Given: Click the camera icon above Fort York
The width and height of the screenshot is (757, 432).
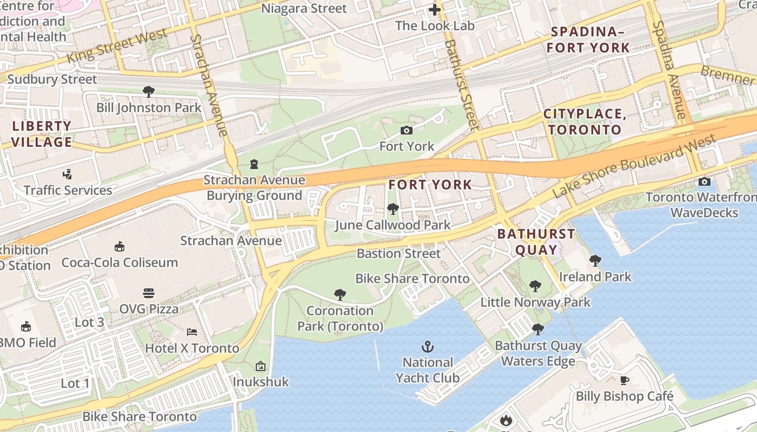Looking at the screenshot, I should (x=407, y=130).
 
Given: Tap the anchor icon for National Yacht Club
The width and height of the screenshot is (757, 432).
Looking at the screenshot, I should (x=428, y=346).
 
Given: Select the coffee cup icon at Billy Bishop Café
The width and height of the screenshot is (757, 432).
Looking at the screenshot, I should (x=625, y=380).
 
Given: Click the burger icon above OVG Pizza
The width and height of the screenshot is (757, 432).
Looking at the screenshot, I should (x=149, y=293).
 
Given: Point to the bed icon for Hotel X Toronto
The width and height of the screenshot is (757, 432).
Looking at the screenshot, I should (x=191, y=332).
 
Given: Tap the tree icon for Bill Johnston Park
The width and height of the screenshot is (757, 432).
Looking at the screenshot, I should (x=149, y=91).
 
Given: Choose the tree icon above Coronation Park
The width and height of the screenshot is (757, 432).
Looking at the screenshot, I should (x=340, y=294).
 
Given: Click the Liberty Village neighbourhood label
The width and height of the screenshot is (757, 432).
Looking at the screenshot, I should (x=42, y=134).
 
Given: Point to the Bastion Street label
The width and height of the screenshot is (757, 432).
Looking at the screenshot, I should (x=399, y=253).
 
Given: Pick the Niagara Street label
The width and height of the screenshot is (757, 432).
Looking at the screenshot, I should (x=304, y=9).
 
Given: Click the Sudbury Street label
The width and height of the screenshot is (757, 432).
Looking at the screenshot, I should (x=52, y=79).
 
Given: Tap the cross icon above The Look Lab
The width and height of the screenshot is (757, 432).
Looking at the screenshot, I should (x=435, y=10).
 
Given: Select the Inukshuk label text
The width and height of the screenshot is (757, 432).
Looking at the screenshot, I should (x=261, y=382).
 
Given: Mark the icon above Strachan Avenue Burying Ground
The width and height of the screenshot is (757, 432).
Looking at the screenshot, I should (x=254, y=164).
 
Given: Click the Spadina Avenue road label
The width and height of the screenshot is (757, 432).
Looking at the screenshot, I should (x=669, y=70).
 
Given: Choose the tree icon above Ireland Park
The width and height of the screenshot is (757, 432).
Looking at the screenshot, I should (x=595, y=261).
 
